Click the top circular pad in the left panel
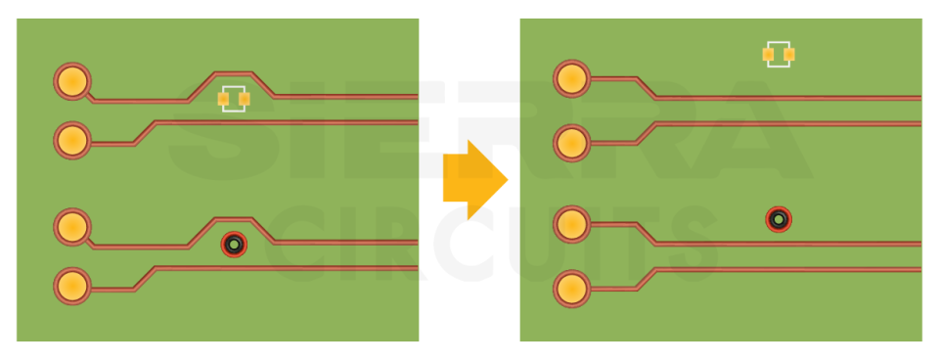tap(71, 81)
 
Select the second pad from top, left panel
tap(71, 140)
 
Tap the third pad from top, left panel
tap(71, 227)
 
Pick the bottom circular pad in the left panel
tap(71, 286)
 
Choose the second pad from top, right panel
tap(571, 143)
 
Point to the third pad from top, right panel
tap(571, 224)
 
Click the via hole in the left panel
tap(233, 243)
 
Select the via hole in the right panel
tap(778, 219)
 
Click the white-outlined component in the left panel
tap(234, 99)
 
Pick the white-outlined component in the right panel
tap(779, 54)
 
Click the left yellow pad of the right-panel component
tap(768, 54)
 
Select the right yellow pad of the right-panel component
tap(789, 54)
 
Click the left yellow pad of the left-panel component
tap(223, 99)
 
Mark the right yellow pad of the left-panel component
tap(245, 99)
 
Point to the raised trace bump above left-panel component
tap(234, 73)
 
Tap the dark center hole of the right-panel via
tap(778, 219)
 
